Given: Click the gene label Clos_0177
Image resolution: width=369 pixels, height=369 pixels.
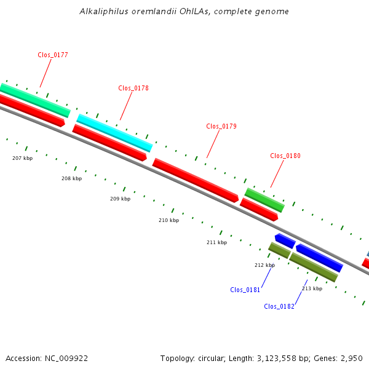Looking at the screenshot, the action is pyautogui.click(x=53, y=55).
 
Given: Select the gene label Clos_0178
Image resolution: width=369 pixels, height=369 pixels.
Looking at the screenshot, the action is pyautogui.click(x=133, y=89).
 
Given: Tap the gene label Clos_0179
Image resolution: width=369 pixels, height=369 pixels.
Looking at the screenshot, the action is pyautogui.click(x=221, y=127).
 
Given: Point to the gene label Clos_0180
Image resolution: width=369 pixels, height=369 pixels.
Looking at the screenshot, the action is pyautogui.click(x=285, y=156).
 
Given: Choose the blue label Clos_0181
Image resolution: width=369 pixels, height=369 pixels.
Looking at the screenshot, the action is pyautogui.click(x=245, y=290).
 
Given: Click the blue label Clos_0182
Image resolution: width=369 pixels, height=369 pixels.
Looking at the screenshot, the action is pyautogui.click(x=279, y=307).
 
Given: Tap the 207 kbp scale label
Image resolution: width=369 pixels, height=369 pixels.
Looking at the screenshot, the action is pyautogui.click(x=23, y=159).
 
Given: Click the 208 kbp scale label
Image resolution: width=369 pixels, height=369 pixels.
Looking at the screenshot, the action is pyautogui.click(x=71, y=179).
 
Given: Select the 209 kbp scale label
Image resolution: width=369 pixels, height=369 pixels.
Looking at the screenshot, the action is pyautogui.click(x=121, y=199).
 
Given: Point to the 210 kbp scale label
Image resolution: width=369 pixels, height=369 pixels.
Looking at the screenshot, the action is pyautogui.click(x=169, y=220).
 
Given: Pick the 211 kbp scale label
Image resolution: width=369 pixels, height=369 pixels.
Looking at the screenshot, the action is pyautogui.click(x=216, y=243).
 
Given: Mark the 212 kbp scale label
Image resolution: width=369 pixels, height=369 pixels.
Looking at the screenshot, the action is pyautogui.click(x=265, y=265).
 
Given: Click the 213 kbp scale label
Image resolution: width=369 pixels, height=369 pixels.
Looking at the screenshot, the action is pyautogui.click(x=312, y=288).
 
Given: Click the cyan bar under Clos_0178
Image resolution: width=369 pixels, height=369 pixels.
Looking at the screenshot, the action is pyautogui.click(x=114, y=133).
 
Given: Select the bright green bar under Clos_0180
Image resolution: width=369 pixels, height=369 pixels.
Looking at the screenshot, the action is pyautogui.click(x=264, y=200).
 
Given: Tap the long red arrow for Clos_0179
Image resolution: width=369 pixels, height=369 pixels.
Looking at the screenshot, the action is pyautogui.click(x=195, y=180).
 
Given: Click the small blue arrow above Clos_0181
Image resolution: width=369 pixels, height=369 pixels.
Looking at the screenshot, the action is pyautogui.click(x=285, y=240).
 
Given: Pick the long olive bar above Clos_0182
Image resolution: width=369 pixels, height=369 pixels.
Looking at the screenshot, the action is pyautogui.click(x=314, y=267).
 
